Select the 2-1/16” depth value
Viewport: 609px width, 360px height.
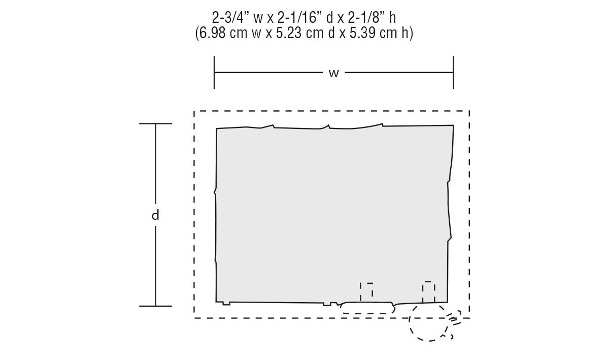297,18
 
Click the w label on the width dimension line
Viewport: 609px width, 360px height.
333,73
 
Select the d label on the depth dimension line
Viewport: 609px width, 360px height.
155,215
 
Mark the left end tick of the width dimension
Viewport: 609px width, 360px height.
214,73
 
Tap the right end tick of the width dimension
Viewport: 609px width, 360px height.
453,73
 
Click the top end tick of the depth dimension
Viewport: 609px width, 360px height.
155,123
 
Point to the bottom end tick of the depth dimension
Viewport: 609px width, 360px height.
155,306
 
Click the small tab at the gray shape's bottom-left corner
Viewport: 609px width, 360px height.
226,304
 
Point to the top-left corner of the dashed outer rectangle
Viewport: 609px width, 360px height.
194,111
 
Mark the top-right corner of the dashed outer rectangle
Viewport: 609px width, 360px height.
469,111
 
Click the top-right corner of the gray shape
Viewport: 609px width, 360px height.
454,125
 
